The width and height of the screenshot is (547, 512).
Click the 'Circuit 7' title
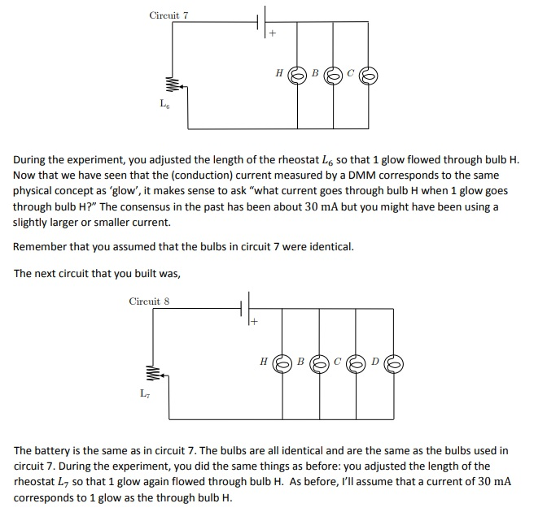click(x=168, y=15)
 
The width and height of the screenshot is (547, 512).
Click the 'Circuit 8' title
click(x=149, y=302)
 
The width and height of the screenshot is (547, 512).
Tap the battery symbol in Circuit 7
click(x=263, y=22)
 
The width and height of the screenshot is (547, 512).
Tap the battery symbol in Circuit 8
click(x=245, y=309)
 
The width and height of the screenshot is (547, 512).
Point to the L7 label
click(x=145, y=393)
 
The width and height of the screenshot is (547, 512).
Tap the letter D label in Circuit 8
click(x=375, y=359)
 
